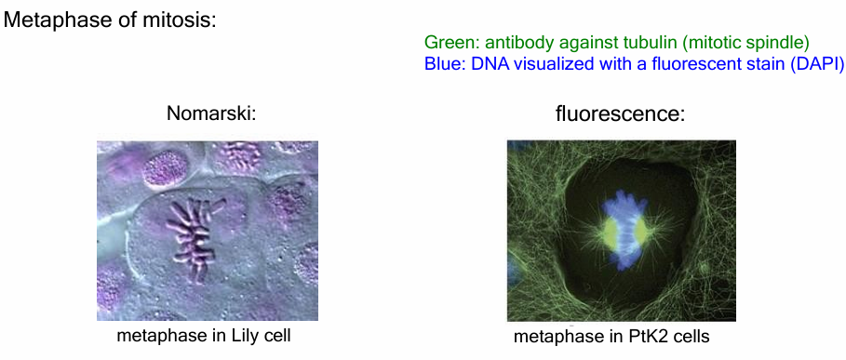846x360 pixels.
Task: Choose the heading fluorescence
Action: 620,114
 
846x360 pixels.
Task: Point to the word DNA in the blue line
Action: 490,65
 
